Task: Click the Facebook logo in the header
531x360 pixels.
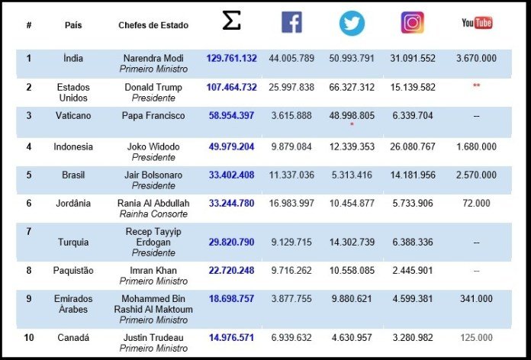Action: coord(291,23)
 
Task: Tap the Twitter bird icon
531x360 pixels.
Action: coord(352,23)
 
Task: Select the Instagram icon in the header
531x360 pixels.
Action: coord(412,23)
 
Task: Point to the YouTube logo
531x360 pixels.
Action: coord(477,23)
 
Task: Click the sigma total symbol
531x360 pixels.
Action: coord(231,22)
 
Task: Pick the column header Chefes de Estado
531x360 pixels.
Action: coord(153,25)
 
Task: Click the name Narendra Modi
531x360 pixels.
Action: coord(153,58)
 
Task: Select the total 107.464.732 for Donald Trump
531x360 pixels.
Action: coord(231,88)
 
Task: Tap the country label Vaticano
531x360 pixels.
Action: coord(74,116)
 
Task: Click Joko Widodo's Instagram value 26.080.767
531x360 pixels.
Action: coord(412,146)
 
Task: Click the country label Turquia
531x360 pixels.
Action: coord(74,243)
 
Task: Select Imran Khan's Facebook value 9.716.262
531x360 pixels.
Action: coord(291,272)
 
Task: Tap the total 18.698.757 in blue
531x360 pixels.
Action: coord(231,299)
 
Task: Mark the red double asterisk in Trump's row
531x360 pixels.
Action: coord(477,86)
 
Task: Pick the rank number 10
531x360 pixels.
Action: coord(29,338)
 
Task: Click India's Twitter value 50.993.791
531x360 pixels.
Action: coord(352,58)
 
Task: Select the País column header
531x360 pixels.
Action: coord(74,25)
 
